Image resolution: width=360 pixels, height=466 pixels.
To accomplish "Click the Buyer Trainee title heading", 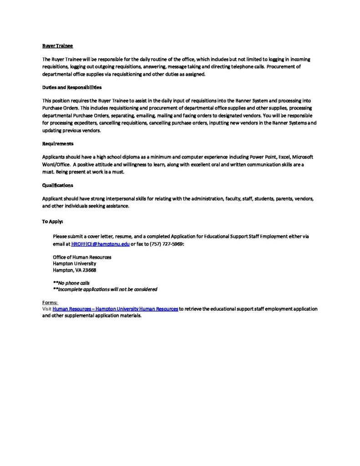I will pyautogui.click(x=57, y=46).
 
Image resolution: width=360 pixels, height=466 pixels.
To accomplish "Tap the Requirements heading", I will pyautogui.click(x=58, y=143).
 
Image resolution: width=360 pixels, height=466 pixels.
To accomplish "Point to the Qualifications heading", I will pyautogui.click(x=57, y=185).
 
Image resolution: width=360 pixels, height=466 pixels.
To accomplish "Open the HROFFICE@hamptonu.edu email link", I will pyautogui.click(x=101, y=244).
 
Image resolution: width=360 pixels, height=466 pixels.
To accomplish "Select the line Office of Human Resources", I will pyautogui.click(x=82, y=257).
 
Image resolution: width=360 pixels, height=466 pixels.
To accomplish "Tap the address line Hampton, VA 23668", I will pyautogui.click(x=74, y=270).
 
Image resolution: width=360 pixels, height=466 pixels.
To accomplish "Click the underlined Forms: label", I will pyautogui.click(x=50, y=302).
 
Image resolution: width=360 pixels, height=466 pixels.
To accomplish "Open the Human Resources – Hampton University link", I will pyautogui.click(x=115, y=309).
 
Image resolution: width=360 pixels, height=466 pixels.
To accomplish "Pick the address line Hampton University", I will pyautogui.click(x=75, y=263).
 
